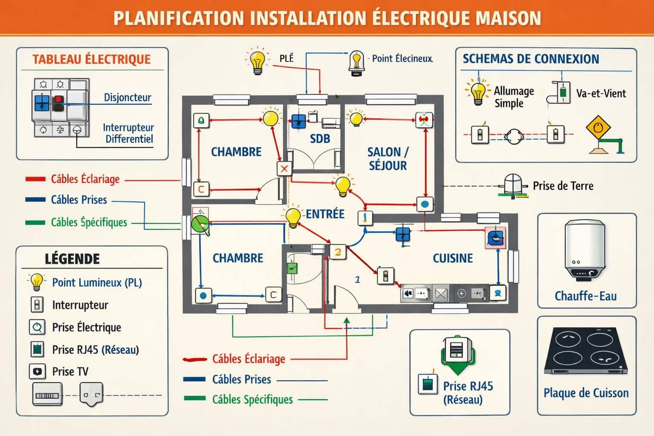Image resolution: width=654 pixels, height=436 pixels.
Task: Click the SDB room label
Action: [x=320, y=139]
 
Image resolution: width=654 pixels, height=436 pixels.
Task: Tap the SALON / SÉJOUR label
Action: [x=387, y=159]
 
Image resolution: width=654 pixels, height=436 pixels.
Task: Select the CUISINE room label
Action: [x=453, y=258]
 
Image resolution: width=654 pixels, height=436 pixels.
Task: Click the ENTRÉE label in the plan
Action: [x=325, y=214]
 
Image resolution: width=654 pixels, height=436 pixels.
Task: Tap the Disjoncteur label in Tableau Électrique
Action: [x=128, y=98]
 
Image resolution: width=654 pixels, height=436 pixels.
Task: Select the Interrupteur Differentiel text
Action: [x=129, y=133]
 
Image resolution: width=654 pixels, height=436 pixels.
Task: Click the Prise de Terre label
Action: [x=563, y=186]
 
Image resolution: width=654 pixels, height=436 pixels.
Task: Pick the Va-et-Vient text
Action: [x=601, y=94]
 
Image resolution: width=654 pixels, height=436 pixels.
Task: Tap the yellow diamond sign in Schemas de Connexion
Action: [x=598, y=127]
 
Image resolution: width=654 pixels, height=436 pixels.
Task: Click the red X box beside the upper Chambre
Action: [x=284, y=169]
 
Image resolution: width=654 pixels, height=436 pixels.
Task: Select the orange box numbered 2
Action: [x=338, y=252]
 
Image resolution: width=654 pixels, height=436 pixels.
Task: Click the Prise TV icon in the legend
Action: [x=37, y=372]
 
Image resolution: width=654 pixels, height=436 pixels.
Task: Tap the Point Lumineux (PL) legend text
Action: [x=97, y=283]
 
